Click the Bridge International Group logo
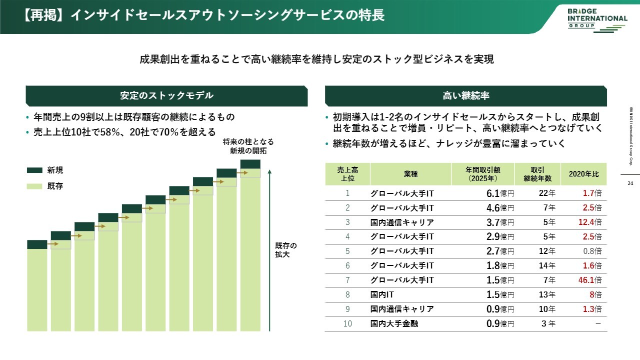[597, 18]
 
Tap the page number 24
[630, 183]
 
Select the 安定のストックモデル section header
[166, 95]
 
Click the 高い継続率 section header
[465, 95]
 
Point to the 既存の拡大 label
[286, 250]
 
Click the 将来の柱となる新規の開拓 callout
[248, 146]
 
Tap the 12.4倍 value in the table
[589, 222]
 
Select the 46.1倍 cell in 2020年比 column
[589, 280]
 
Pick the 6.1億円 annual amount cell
[500, 193]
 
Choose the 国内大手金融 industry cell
[394, 323]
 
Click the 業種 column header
[410, 174]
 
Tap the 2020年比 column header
[583, 174]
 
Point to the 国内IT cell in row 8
[382, 294]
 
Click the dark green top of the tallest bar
[250, 164]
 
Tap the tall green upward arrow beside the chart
[269, 250]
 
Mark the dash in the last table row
[597, 323]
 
